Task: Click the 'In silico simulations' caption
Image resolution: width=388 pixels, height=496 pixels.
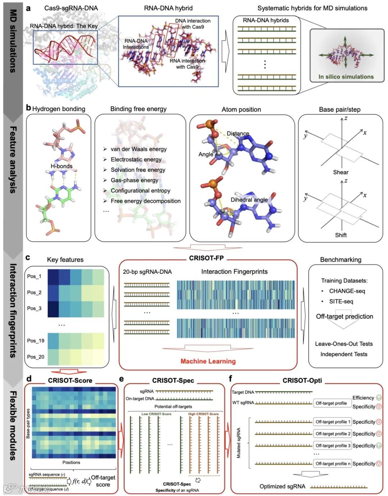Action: [x=346, y=77]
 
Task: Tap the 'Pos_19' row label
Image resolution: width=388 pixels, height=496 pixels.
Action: [x=36, y=340]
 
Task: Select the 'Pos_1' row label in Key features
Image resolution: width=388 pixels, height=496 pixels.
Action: [x=34, y=276]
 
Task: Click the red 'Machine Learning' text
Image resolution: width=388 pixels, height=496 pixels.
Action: [x=208, y=361]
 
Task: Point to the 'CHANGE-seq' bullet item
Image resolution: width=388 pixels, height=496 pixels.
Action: [x=347, y=291]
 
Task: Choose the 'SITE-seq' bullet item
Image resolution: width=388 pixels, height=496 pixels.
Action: [x=341, y=301]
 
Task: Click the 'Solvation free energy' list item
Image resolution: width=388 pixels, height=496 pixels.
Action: [x=138, y=170]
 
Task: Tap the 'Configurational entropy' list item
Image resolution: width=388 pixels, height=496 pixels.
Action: [x=140, y=190]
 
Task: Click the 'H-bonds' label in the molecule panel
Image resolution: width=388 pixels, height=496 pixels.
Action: [x=61, y=166]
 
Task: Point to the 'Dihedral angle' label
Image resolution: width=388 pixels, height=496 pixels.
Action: [x=249, y=200]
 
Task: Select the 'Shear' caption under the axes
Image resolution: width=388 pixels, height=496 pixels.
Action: [x=341, y=172]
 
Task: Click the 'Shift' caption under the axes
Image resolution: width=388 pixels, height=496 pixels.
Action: [x=341, y=235]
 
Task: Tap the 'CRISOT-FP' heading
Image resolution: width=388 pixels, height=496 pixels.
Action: [x=207, y=258]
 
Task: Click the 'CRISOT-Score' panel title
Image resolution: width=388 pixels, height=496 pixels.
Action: [x=70, y=380]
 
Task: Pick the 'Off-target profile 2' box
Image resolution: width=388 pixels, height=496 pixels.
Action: [x=333, y=434]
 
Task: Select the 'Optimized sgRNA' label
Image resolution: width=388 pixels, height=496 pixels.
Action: [x=282, y=486]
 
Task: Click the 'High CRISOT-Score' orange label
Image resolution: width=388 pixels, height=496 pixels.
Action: [x=203, y=414]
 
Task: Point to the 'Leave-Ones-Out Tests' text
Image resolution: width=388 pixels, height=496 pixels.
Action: [x=344, y=344]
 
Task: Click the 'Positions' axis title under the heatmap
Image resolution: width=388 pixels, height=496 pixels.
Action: [x=71, y=462]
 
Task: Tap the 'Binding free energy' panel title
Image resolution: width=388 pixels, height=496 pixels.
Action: [x=138, y=109]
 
